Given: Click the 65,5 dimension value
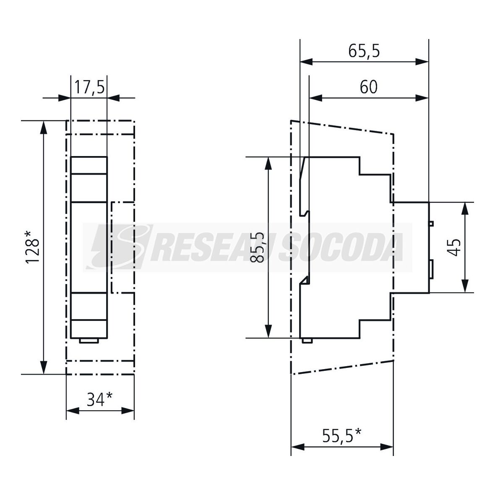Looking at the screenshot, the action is [x=364, y=51].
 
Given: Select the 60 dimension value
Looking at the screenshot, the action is [x=368, y=87].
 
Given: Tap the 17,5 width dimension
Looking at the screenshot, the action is [x=89, y=87].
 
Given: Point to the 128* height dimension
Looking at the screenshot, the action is [x=33, y=247].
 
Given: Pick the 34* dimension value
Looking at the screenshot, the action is [x=99, y=400].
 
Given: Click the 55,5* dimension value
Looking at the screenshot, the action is [x=341, y=436].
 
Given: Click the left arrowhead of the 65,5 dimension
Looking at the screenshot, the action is [x=306, y=62].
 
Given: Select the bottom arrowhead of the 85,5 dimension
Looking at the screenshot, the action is [x=268, y=331].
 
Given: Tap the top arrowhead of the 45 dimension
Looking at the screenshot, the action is [x=465, y=208].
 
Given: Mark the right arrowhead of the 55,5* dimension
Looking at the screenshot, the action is [x=387, y=447].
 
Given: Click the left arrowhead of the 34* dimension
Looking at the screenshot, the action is [x=72, y=411].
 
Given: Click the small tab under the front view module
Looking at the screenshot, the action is [x=89, y=341].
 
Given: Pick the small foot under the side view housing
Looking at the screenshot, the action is [x=307, y=341].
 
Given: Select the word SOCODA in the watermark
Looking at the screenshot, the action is [x=343, y=247].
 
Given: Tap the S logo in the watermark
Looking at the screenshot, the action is [x=120, y=247].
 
